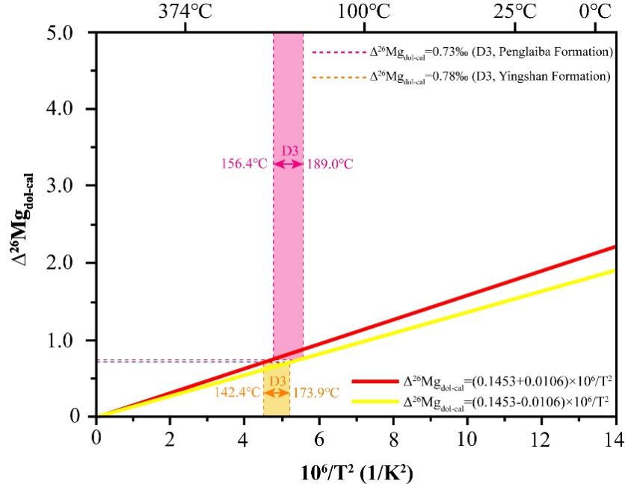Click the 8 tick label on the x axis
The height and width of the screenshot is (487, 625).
(392, 435)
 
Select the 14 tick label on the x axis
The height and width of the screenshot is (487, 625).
(615, 435)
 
